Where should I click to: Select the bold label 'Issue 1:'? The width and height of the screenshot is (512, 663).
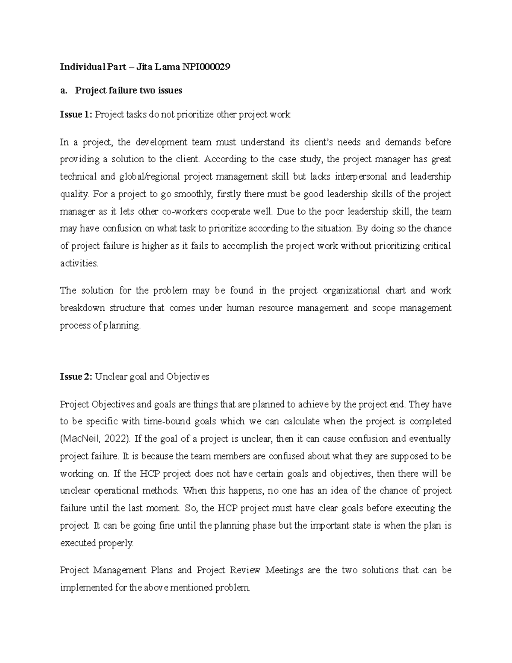(x=76, y=114)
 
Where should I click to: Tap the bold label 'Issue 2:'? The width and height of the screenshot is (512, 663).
(x=76, y=377)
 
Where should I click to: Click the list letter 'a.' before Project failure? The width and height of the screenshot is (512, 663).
(x=64, y=91)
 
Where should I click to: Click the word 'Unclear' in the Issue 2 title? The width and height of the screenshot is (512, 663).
(x=108, y=377)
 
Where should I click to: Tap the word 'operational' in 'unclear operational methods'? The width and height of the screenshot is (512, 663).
(x=120, y=491)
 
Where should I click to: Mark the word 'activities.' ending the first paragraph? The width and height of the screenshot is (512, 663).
(x=79, y=264)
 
